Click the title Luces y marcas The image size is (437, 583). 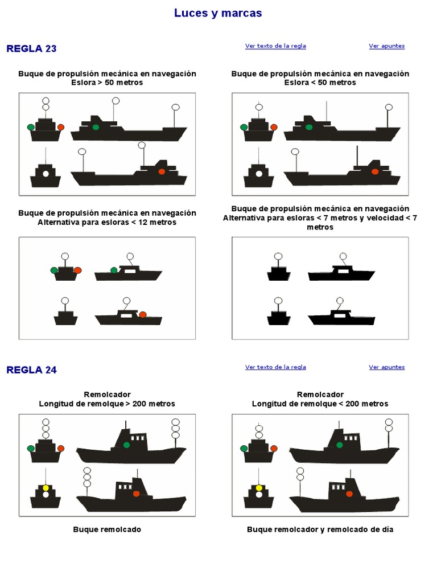click(x=218, y=13)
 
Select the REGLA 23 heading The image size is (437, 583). click(x=31, y=48)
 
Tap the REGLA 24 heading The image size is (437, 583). click(x=31, y=370)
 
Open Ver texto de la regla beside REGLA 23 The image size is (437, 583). click(x=275, y=46)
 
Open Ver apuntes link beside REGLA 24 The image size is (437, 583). click(x=386, y=367)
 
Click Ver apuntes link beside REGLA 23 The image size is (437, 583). click(x=386, y=46)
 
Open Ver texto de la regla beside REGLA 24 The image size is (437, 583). click(x=275, y=367)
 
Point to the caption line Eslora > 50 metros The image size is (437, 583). click(x=107, y=83)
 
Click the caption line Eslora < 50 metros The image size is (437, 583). click(x=320, y=83)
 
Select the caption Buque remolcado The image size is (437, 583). click(x=107, y=529)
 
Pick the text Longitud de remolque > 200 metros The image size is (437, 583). click(x=107, y=404)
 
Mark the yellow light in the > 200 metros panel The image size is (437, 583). click(x=46, y=488)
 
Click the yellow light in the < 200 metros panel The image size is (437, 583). click(x=259, y=488)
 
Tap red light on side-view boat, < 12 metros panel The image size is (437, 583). click(x=143, y=314)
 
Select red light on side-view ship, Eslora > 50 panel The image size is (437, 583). click(x=162, y=171)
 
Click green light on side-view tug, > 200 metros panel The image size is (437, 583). click(x=126, y=445)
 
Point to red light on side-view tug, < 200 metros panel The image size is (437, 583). click(x=349, y=494)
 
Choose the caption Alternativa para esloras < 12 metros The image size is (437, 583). click(x=107, y=222)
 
